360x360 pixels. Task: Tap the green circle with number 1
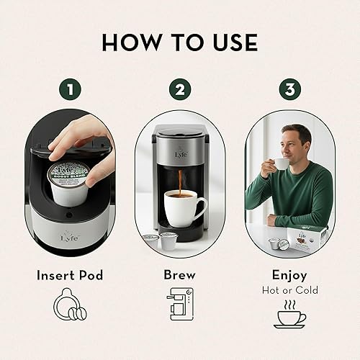tap(69, 91)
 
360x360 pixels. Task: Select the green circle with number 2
tap(179, 91)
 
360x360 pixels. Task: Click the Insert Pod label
tap(70, 275)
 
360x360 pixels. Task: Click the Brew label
tap(179, 275)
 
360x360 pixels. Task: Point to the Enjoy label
tap(289, 275)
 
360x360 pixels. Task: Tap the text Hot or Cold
tap(289, 290)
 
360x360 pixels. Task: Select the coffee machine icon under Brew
tap(179, 312)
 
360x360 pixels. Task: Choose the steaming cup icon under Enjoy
tap(289, 314)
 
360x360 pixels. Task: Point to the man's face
tap(297, 143)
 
